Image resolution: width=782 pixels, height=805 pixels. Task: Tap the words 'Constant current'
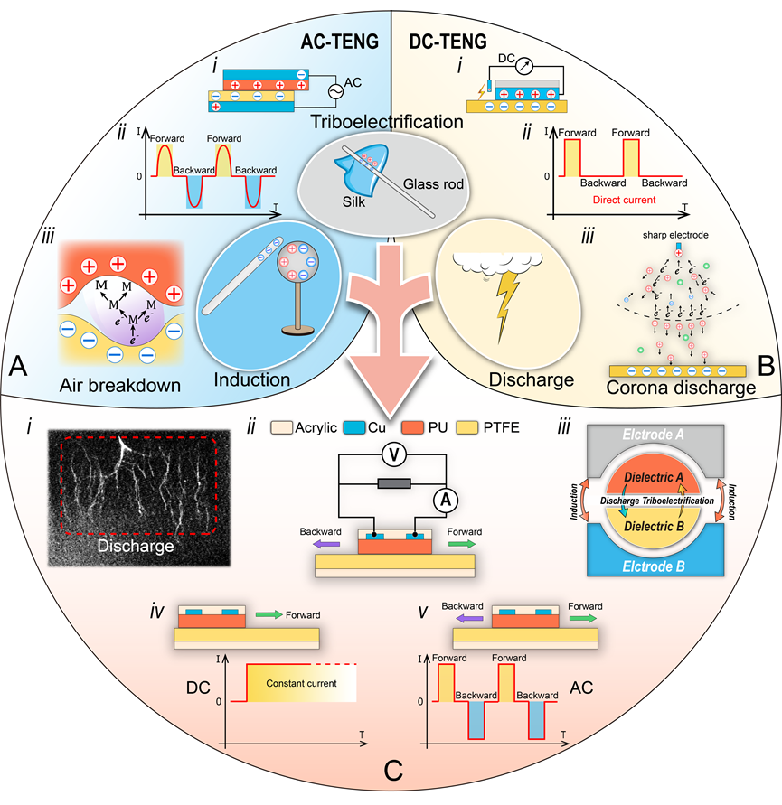(301, 684)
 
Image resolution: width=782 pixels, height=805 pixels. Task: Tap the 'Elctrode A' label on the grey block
(652, 435)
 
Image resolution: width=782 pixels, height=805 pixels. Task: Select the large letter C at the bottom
(391, 772)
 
